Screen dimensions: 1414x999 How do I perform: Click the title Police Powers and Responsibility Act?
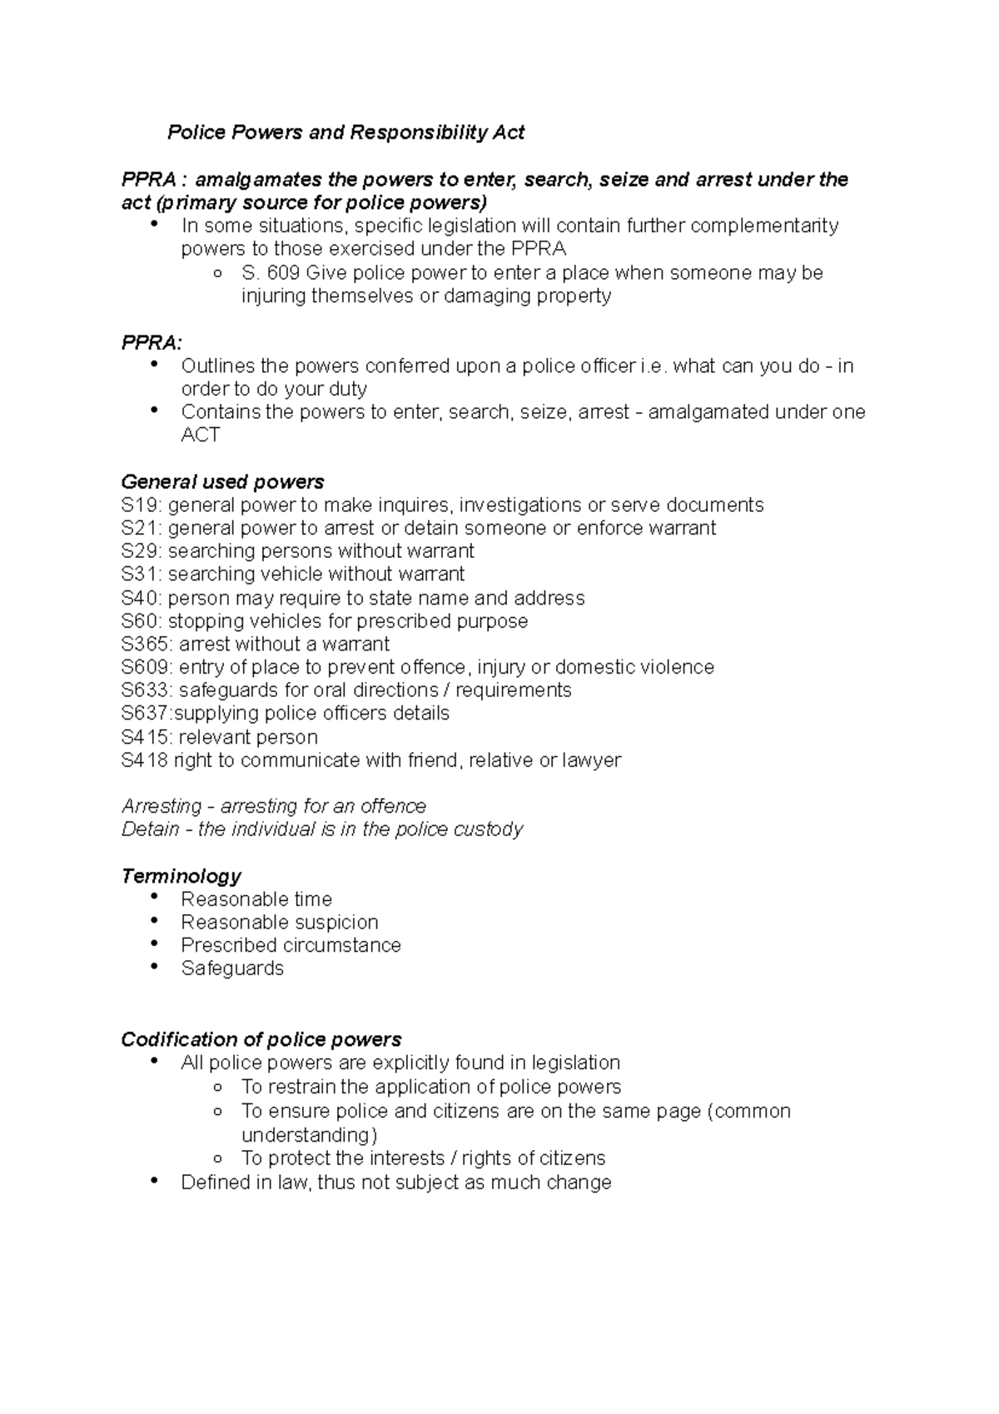(x=345, y=132)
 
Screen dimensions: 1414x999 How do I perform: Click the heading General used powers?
(x=222, y=482)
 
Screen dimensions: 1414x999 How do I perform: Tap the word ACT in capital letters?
(x=201, y=436)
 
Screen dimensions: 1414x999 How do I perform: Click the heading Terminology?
(x=181, y=876)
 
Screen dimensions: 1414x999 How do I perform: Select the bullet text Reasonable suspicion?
(x=280, y=923)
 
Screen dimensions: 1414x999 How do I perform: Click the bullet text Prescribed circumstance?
(x=291, y=946)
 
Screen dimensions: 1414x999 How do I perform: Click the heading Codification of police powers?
(x=261, y=1040)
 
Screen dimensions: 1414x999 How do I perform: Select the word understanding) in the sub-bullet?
(x=310, y=1136)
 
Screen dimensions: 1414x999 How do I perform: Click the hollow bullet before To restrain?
(x=217, y=1088)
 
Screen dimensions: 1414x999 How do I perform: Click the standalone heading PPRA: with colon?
(x=151, y=342)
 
